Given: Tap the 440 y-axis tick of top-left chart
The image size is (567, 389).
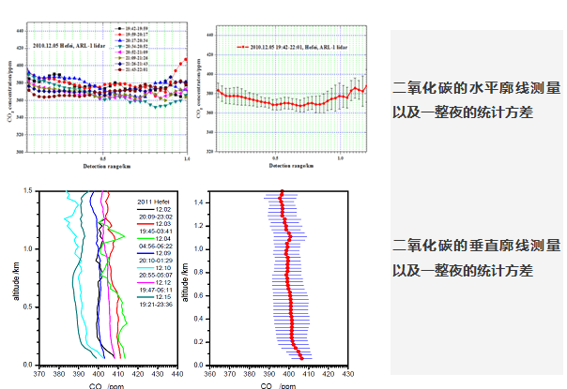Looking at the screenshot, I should tap(20, 30).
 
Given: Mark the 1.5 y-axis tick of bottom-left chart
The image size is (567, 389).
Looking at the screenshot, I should tap(27, 190).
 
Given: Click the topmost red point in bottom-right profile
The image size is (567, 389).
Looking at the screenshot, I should tap(281, 193).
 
